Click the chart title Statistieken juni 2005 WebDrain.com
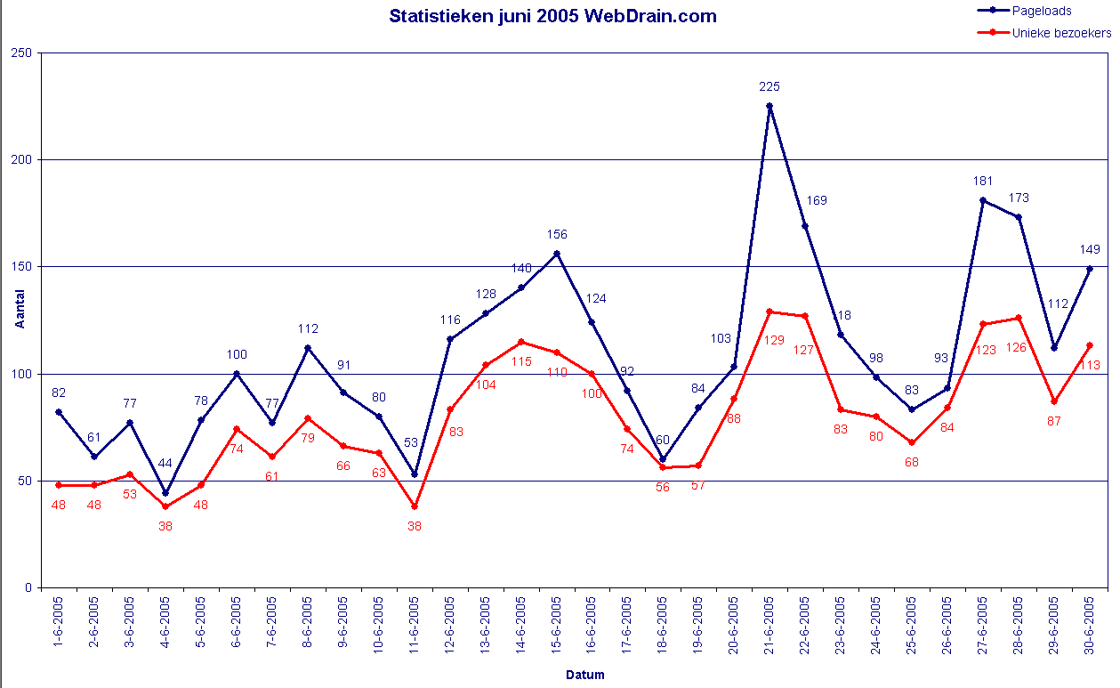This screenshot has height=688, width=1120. (552, 16)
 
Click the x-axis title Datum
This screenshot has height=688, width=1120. (584, 675)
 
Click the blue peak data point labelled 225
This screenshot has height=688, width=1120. (769, 106)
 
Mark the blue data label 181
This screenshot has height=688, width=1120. (983, 181)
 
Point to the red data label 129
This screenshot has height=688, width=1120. (774, 340)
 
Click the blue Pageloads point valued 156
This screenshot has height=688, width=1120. (557, 254)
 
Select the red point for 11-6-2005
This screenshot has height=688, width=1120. (415, 506)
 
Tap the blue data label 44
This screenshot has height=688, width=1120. (165, 463)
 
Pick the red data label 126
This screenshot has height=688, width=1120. (1017, 347)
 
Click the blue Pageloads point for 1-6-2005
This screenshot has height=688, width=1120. (59, 412)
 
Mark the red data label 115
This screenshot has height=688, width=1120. (521, 361)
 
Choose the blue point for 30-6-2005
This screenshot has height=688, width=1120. (1090, 269)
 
